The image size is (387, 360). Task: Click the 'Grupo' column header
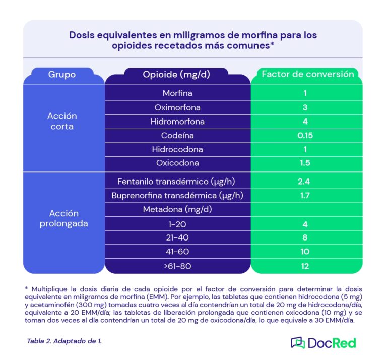point(62,75)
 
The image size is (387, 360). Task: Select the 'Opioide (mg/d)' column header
point(176,75)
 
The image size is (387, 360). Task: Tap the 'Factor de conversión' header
point(308,74)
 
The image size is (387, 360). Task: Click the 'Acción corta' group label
point(62,122)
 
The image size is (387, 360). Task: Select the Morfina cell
point(177,93)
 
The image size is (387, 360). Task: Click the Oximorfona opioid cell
point(177,107)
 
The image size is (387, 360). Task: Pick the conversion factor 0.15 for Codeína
point(305,136)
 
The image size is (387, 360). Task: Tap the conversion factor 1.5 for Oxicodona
point(305,163)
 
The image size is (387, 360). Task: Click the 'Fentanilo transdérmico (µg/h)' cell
point(177,181)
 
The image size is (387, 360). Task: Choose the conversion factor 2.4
point(305,181)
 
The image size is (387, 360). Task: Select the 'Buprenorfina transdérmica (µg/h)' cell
point(177,195)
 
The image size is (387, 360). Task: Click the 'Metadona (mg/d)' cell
point(177,209)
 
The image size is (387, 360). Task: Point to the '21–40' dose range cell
point(177,237)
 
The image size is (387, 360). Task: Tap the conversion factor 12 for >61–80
point(305,266)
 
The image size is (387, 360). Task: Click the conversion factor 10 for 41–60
point(305,252)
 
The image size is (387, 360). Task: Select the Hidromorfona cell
point(177,122)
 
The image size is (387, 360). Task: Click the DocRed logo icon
point(298,343)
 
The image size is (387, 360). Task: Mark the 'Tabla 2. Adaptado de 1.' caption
point(64,341)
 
